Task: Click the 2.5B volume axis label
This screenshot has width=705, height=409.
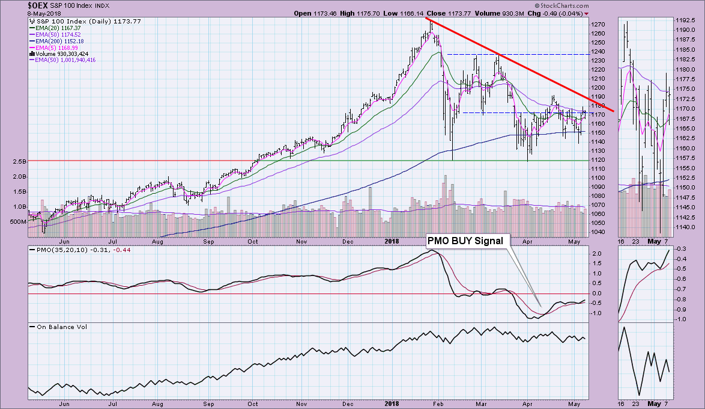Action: coord(18,161)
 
